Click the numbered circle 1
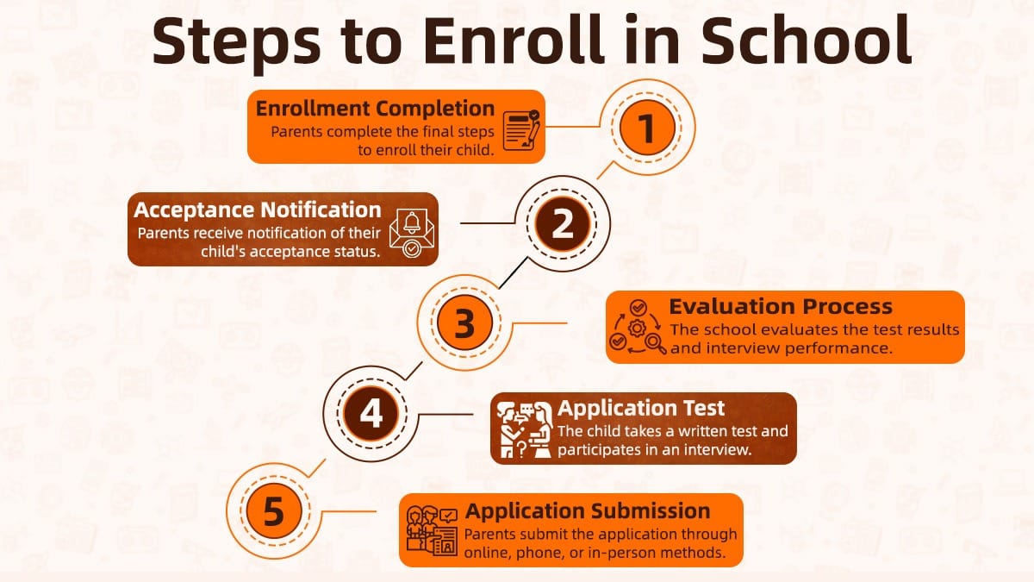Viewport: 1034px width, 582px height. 645,128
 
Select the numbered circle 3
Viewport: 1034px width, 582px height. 464,323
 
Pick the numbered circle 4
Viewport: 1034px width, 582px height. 371,414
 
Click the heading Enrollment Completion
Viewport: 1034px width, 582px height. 375,109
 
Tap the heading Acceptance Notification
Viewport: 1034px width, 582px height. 257,210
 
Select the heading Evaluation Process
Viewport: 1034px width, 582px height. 781,306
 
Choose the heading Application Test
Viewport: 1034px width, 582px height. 641,408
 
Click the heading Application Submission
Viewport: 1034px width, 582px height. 588,510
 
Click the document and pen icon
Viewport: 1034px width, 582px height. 521,128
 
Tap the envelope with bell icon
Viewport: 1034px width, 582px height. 412,229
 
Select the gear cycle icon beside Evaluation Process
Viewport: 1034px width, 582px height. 637,328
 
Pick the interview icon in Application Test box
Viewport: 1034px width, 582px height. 525,429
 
